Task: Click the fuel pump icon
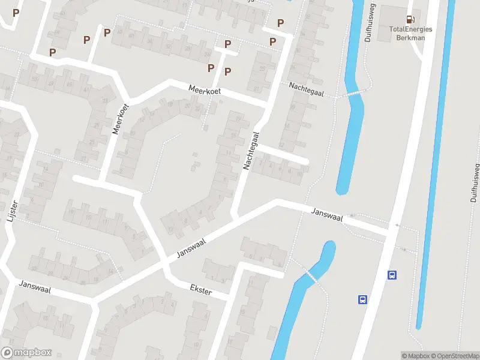(x=410, y=20)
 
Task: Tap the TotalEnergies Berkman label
(x=410, y=32)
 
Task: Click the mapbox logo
(x=26, y=353)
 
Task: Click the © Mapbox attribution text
(x=416, y=356)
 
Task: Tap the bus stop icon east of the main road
(x=392, y=275)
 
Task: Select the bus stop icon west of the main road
(x=362, y=299)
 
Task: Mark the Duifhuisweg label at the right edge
(x=474, y=183)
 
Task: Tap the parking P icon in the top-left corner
(x=16, y=13)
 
